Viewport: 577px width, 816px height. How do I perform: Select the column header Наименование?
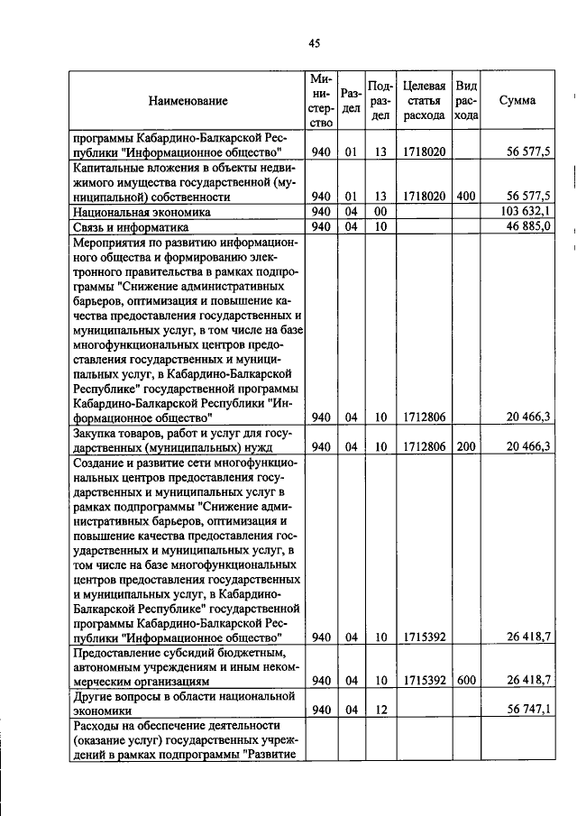(x=188, y=101)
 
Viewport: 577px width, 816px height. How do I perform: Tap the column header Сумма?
(x=517, y=100)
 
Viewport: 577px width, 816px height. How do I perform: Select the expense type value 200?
(x=466, y=445)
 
